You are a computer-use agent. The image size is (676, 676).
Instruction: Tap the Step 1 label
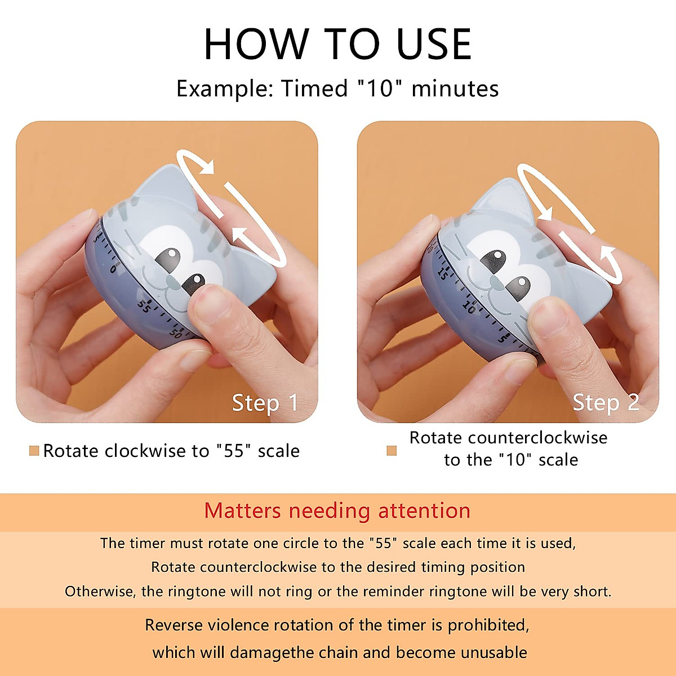(265, 403)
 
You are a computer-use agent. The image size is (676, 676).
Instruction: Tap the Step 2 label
(606, 403)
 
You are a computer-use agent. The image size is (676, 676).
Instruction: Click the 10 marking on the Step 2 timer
(469, 307)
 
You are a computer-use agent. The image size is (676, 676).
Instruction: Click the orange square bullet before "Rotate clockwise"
(34, 451)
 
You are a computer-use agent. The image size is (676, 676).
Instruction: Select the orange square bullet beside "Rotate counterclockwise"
(392, 451)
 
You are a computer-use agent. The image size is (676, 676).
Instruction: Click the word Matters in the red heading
(242, 511)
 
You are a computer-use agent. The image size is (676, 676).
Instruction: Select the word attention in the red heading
(424, 511)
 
